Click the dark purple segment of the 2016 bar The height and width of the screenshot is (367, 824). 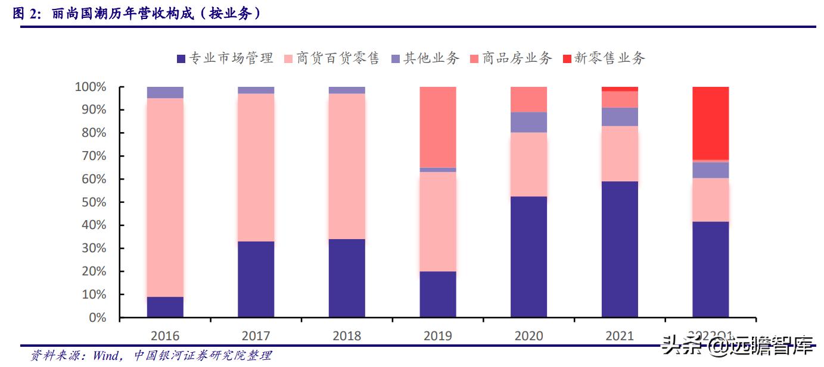coord(165,307)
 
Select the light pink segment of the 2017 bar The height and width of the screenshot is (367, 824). coord(256,167)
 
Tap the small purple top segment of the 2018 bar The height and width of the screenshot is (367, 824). coord(347,90)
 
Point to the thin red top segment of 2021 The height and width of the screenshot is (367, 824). coord(620,89)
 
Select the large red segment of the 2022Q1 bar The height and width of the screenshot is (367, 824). coord(710,123)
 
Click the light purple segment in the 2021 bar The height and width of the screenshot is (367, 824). coord(620,117)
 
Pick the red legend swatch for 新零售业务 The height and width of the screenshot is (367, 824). coord(567,58)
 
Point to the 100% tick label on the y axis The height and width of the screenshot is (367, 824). coord(91,87)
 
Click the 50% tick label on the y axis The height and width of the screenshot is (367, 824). coord(94,203)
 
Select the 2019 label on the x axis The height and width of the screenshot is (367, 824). coord(438,336)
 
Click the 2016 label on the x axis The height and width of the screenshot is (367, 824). coord(165,336)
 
